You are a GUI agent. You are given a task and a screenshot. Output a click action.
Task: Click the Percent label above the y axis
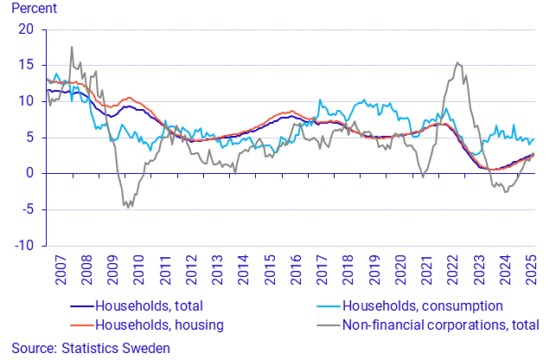tap(33, 10)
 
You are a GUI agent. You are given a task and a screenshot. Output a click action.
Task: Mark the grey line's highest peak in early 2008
tap(71, 47)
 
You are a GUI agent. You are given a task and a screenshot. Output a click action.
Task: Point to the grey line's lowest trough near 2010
tap(127, 208)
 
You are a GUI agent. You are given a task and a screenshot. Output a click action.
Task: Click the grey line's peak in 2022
tap(457, 62)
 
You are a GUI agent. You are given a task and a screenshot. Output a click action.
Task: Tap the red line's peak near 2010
tap(129, 98)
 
